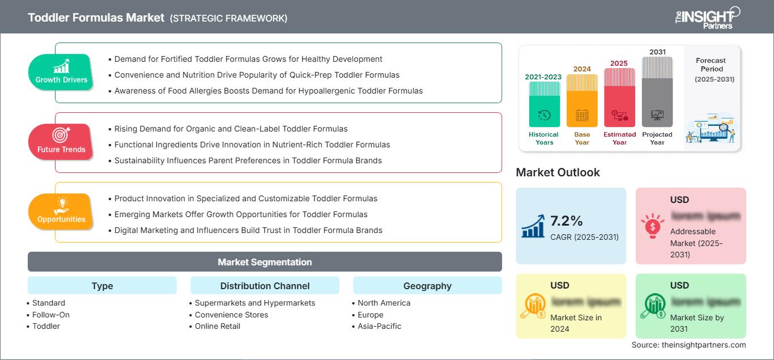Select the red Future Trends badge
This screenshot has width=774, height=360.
coord(61,142)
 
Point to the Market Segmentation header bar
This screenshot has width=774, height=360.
coord(265,262)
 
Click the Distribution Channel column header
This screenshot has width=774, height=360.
coord(265,286)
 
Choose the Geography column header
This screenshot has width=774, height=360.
coord(427,286)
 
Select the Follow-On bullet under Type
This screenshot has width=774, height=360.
coord(51,315)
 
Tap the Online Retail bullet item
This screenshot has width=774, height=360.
coord(218,326)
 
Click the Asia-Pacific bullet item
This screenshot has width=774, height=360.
coord(380,326)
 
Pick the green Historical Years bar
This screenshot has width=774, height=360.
coord(544,105)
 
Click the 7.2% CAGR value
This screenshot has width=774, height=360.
coord(567,221)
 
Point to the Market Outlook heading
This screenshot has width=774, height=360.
coord(558,172)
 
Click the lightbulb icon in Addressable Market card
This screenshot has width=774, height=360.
coord(652,226)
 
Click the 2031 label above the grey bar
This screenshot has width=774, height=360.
coord(657,52)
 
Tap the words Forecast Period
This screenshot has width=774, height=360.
coord(711,65)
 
